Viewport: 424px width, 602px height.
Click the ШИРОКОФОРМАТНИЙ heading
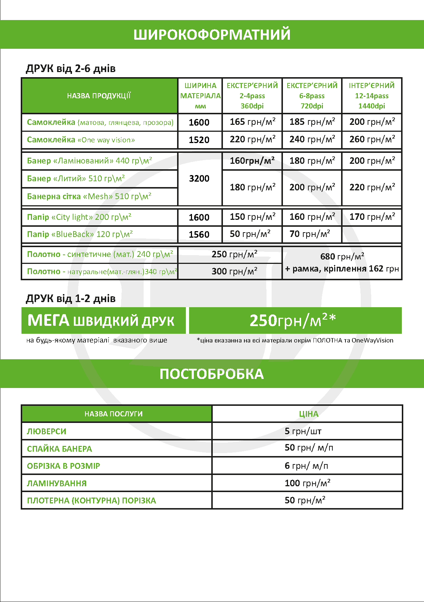(212, 35)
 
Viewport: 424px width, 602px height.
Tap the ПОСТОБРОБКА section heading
(212, 374)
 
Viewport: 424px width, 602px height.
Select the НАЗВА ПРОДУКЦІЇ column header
(99, 96)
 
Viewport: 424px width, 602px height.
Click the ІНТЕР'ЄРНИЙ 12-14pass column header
(372, 96)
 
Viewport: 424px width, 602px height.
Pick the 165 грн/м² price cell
(252, 122)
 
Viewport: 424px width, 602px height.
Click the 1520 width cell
(199, 140)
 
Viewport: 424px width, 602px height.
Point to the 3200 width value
(199, 179)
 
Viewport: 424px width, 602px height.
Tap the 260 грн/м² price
(372, 139)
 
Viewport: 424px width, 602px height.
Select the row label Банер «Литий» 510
(76, 179)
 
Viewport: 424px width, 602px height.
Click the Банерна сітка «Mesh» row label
(89, 197)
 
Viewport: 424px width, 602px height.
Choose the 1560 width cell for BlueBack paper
(199, 235)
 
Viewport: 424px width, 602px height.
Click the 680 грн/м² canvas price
(342, 257)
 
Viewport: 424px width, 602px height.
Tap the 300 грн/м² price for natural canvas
(235, 272)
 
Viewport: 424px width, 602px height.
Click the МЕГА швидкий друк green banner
(103, 321)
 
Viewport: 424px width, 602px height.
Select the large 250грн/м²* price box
(295, 321)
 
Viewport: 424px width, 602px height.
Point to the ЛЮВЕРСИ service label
(47, 432)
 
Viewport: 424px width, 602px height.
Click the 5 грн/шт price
(303, 432)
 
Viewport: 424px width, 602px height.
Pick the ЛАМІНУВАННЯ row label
(57, 484)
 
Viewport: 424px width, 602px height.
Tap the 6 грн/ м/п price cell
(307, 466)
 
